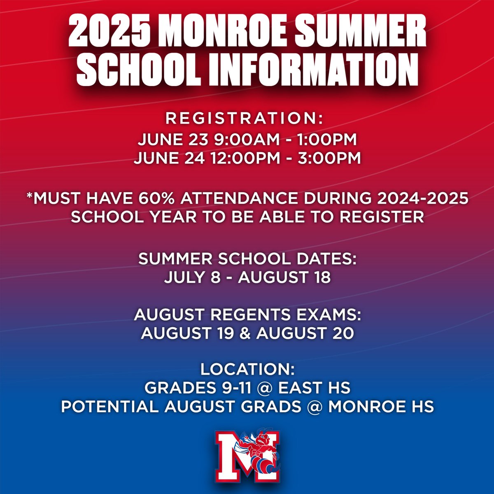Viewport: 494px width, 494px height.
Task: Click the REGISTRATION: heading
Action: click(x=245, y=119)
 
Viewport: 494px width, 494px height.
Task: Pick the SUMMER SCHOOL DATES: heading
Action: click(x=247, y=259)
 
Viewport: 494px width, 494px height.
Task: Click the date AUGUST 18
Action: click(x=284, y=277)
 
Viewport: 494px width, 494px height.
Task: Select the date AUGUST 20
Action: click(x=305, y=333)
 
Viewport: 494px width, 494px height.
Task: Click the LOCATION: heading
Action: click(x=247, y=369)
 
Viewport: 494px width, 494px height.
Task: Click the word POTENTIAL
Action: click(x=109, y=406)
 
